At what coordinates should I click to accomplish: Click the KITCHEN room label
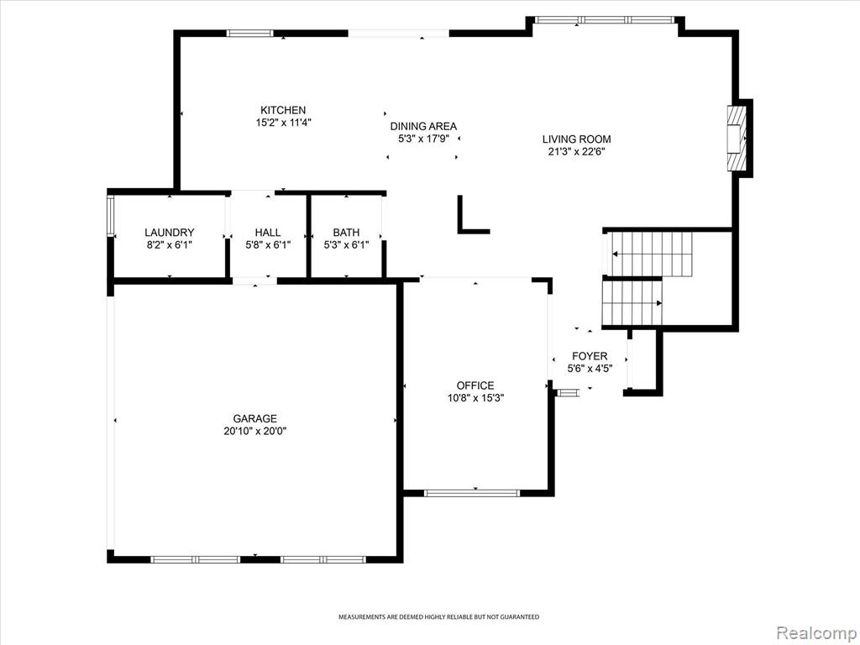point(283,110)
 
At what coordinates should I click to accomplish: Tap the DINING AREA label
point(423,127)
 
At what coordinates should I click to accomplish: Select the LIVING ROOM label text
point(576,139)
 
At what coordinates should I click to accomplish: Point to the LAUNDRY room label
point(170,233)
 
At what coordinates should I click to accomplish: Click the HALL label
point(268,233)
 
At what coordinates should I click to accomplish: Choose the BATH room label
point(346,233)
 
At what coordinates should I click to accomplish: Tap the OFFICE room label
point(475,385)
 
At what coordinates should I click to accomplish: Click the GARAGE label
point(255,418)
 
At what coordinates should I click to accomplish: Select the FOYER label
point(590,356)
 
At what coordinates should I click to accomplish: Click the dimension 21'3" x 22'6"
point(576,152)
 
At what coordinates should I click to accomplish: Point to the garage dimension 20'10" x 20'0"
point(255,431)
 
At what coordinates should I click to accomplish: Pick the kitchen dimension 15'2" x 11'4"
point(283,123)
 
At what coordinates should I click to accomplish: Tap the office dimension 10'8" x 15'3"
point(475,398)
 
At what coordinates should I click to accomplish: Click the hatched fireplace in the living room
point(737,139)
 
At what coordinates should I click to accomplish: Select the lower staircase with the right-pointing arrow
point(632,303)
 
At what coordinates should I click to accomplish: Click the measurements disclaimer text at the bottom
point(438,617)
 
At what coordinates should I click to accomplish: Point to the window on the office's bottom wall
point(472,493)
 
